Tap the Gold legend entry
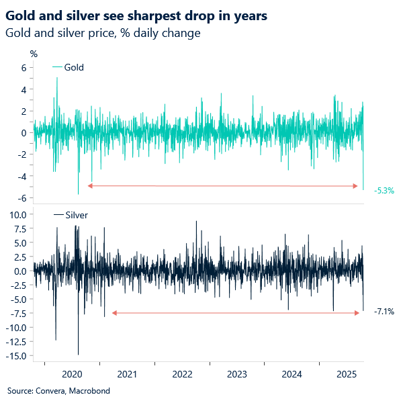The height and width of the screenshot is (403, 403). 73,67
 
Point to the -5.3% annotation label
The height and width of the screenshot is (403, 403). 384,191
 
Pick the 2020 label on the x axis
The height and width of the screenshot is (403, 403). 72,373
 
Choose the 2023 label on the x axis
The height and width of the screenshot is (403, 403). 236,373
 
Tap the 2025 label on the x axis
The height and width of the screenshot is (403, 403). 347,373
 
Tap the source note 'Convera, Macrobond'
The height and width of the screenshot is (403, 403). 58,391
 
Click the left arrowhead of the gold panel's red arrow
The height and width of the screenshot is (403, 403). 90,185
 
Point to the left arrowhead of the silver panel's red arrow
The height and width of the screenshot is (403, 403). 114,313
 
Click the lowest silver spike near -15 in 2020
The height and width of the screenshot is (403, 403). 78,354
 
